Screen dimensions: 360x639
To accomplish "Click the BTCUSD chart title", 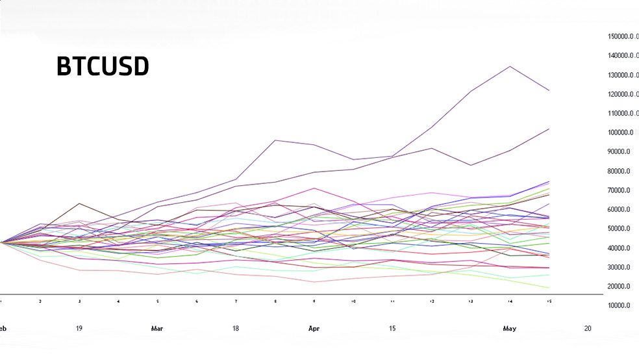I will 103,66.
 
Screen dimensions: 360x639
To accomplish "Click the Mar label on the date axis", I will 157,329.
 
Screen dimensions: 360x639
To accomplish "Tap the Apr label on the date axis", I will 314,329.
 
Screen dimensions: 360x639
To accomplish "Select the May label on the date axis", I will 509,329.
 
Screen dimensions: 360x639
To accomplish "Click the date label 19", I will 79,329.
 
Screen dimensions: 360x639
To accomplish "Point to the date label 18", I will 236,329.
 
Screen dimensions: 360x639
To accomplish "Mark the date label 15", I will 392,329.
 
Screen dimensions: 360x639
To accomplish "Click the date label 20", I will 588,329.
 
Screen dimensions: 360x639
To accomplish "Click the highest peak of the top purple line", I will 510,66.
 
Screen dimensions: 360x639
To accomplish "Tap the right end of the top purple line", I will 549,90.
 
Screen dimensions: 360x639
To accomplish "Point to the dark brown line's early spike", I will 79,203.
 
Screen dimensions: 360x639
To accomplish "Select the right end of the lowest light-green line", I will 549,288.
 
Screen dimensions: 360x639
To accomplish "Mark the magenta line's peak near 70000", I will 314,188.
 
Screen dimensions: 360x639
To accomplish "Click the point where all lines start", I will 2,242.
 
